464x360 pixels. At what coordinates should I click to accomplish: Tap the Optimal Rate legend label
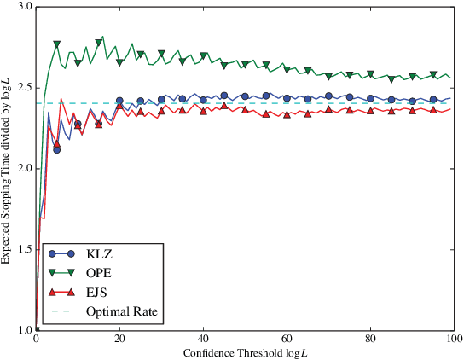122,311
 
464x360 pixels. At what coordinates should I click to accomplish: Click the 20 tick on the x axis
119,340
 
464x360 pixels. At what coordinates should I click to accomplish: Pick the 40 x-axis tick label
203,340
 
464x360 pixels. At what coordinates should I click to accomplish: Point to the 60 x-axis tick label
287,340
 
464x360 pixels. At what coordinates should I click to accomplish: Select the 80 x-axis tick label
370,340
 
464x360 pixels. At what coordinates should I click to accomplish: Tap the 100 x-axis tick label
452,340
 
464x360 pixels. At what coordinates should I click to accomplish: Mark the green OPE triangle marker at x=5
57,44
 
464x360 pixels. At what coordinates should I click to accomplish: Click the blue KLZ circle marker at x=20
119,101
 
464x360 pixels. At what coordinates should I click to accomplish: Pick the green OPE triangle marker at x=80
370,75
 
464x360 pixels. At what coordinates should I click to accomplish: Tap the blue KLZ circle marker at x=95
432,100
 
